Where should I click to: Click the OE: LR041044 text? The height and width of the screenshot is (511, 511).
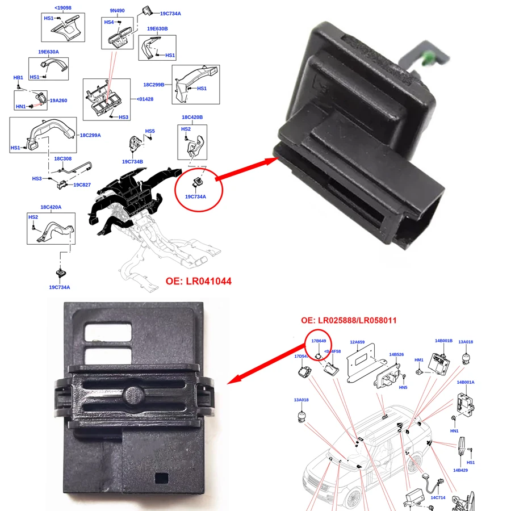(198, 281)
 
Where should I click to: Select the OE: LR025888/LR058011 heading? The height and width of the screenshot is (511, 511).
(349, 320)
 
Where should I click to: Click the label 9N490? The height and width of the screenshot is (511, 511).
(117, 10)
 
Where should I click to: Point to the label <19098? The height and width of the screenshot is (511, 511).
(62, 8)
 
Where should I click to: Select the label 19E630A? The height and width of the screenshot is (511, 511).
(48, 52)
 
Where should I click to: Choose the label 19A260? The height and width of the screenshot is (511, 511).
(58, 100)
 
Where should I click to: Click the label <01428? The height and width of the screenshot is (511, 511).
(145, 99)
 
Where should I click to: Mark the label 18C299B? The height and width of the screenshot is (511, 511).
(153, 84)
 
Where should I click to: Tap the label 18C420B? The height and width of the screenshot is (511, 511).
(192, 118)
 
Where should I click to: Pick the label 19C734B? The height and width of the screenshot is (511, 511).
(132, 161)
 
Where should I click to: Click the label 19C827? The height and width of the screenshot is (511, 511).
(82, 185)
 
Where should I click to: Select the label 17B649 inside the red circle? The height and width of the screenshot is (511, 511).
(319, 341)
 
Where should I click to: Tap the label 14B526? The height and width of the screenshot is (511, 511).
(396, 354)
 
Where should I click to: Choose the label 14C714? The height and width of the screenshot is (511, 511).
(438, 497)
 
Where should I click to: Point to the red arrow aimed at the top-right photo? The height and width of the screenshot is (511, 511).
(246, 169)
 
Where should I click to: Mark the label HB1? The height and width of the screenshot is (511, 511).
(18, 77)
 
